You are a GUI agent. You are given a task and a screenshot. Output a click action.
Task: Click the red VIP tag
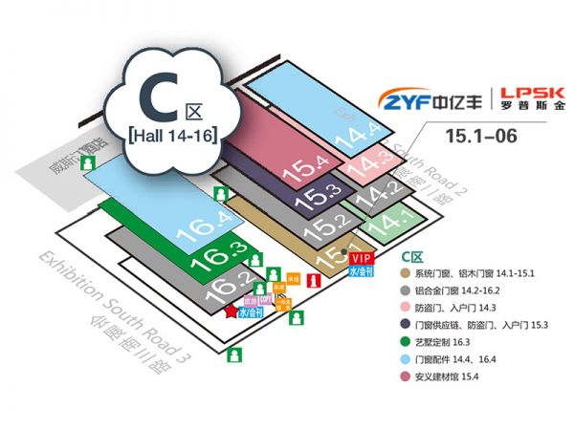coord(361,259)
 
